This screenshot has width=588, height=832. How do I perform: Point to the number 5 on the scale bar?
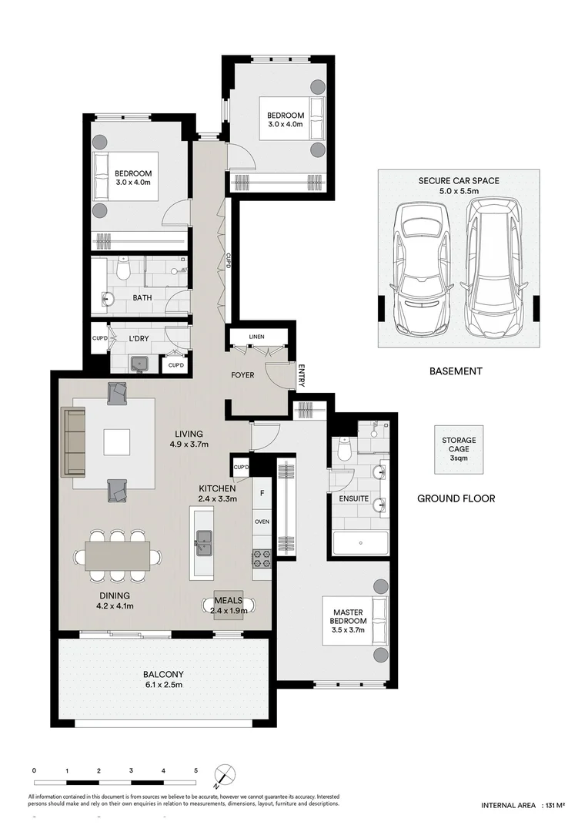[195, 770]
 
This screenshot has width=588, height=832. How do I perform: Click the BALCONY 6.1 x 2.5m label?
[162, 679]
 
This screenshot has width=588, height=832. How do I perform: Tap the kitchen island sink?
[205, 541]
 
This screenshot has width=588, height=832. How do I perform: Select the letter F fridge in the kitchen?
[262, 493]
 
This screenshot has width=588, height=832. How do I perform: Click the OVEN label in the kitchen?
[262, 522]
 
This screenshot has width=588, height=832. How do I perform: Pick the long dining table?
[117, 555]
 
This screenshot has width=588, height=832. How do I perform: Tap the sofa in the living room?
[75, 441]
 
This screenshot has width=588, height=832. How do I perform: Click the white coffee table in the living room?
[119, 441]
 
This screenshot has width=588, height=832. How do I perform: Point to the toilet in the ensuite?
[344, 447]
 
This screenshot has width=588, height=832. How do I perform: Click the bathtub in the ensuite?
[360, 543]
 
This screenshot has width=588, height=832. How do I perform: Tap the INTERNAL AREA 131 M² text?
[523, 805]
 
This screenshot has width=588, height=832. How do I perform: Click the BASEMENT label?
[456, 371]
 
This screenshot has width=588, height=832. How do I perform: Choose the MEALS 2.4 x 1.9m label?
[228, 606]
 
